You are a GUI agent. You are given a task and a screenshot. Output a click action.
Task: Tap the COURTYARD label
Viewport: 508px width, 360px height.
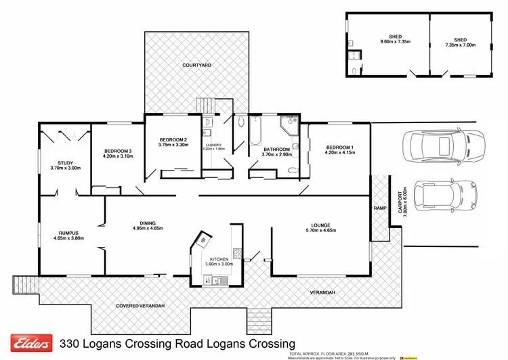click(x=197, y=65)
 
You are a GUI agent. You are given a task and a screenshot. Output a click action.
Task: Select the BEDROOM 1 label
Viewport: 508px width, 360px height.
click(x=339, y=148)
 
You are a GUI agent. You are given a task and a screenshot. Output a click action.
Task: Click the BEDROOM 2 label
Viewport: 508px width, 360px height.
click(x=173, y=139)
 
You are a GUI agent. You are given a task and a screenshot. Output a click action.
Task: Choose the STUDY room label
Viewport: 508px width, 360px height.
click(x=66, y=162)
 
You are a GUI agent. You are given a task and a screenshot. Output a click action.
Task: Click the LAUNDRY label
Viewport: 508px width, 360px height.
click(x=216, y=143)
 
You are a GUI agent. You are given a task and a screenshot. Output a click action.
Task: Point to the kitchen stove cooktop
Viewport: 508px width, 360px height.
click(x=238, y=254)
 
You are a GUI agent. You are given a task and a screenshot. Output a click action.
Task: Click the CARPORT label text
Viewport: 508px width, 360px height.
click(x=399, y=200)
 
